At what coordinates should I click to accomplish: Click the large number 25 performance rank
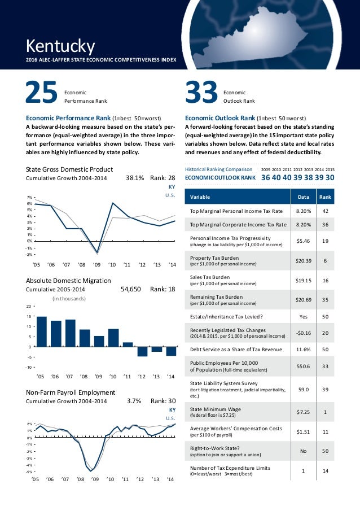(41, 94)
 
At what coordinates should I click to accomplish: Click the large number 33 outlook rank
(201, 94)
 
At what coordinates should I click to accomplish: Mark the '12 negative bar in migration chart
(142, 351)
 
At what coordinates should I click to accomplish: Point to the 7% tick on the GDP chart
(30, 197)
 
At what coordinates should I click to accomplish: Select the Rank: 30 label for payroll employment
(164, 401)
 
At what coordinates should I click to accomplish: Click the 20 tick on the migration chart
(29, 306)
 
